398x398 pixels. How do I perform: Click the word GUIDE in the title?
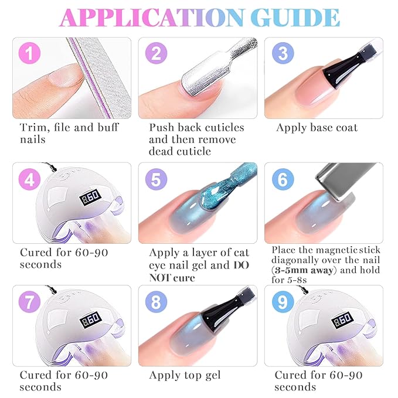(295, 18)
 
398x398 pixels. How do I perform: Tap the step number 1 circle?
(29, 53)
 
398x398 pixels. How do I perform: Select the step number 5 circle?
(156, 179)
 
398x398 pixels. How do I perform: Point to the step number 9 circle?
(283, 302)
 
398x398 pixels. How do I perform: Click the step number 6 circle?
(283, 179)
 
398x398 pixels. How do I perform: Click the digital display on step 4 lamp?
(90, 197)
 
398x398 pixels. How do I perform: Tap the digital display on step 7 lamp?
(90, 319)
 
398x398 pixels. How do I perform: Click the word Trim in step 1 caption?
(34, 127)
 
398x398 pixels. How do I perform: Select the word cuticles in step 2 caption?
(224, 127)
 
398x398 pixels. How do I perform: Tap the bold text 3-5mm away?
(304, 270)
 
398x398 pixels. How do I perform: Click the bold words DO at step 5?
(241, 266)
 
